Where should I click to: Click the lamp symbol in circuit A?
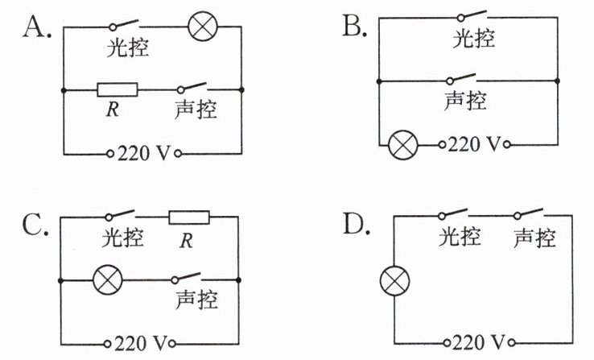pyautogui.click(x=203, y=26)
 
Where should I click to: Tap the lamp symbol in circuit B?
pyautogui.click(x=403, y=145)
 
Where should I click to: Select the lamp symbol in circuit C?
pyautogui.click(x=108, y=280)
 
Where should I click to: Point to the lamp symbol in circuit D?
pyautogui.click(x=394, y=281)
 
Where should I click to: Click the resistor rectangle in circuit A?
pyautogui.click(x=118, y=90)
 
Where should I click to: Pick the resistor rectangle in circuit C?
pyautogui.click(x=189, y=217)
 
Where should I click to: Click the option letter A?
pyautogui.click(x=37, y=27)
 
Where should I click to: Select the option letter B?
pyautogui.click(x=355, y=26)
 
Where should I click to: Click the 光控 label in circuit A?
pyautogui.click(x=128, y=48)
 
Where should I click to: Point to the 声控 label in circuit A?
pyautogui.click(x=196, y=110)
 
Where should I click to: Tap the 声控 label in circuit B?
pyautogui.click(x=465, y=101)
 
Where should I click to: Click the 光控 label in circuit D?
pyautogui.click(x=460, y=237)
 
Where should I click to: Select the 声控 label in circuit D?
pyautogui.click(x=534, y=238)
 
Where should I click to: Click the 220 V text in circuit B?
pyautogui.click(x=474, y=144)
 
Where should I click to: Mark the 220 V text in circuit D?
pyautogui.click(x=479, y=342)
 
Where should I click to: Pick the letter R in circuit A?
pyautogui.click(x=113, y=110)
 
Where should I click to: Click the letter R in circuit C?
pyautogui.click(x=186, y=241)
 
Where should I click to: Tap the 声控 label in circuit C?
pyautogui.click(x=196, y=300)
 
